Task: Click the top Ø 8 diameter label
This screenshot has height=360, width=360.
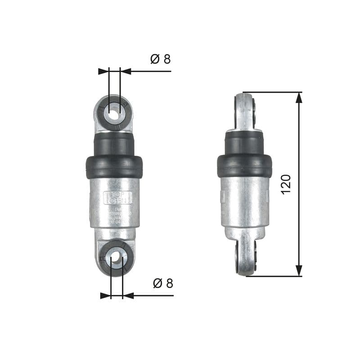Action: click(161, 59)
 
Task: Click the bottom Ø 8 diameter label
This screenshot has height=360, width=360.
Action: click(163, 283)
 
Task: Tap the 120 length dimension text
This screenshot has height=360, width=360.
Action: click(286, 184)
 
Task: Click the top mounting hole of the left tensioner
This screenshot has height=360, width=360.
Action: click(115, 112)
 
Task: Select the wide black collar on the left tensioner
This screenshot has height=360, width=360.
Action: click(114, 166)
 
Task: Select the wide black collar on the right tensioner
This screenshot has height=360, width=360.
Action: click(244, 166)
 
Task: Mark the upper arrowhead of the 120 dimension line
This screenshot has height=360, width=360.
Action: click(299, 98)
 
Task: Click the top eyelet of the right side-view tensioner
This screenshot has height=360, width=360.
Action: click(246, 110)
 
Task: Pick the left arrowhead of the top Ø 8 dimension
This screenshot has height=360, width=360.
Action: click(104, 71)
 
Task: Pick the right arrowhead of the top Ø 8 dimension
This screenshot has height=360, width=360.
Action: click(126, 71)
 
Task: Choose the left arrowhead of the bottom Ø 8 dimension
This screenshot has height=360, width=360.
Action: click(106, 296)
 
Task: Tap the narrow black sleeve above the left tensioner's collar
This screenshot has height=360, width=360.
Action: click(114, 144)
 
